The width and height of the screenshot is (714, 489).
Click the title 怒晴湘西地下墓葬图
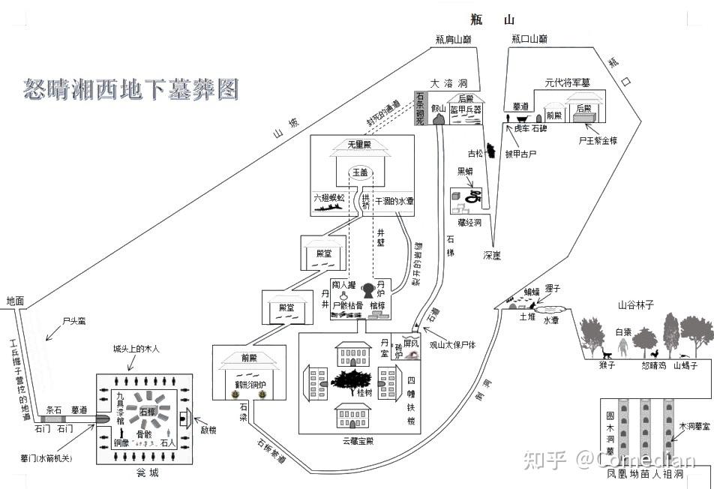(131, 89)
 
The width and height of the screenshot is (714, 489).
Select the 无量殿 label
(359, 145)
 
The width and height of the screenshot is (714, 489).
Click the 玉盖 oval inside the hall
(359, 172)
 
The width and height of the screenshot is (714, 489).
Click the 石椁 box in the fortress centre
(147, 412)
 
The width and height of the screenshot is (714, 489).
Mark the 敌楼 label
(208, 430)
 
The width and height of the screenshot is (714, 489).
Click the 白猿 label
(624, 332)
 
